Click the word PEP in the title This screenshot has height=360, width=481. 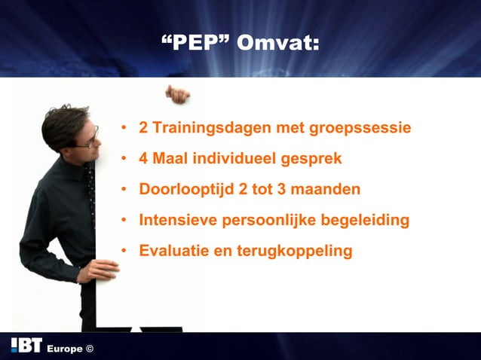pyautogui.click(x=197, y=42)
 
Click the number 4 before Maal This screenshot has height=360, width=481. pyautogui.click(x=143, y=159)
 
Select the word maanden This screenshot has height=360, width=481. pyautogui.click(x=325, y=189)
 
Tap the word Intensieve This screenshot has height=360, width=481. pyautogui.click(x=176, y=220)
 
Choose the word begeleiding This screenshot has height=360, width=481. pyautogui.click(x=361, y=221)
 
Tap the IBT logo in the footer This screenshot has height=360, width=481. pyautogui.click(x=26, y=346)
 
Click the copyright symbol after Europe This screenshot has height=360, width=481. pyautogui.click(x=90, y=349)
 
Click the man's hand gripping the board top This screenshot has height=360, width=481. pyautogui.click(x=179, y=94)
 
